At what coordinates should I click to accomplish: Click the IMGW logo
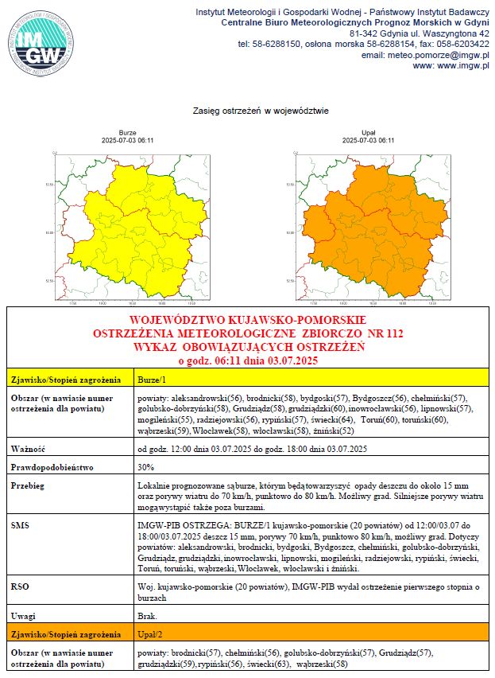tap(42, 44)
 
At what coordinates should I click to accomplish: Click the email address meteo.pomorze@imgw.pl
tap(425, 55)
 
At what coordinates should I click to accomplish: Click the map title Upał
tap(368, 133)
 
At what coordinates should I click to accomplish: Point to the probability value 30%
tap(145, 466)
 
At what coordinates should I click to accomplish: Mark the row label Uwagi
tap(25, 616)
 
